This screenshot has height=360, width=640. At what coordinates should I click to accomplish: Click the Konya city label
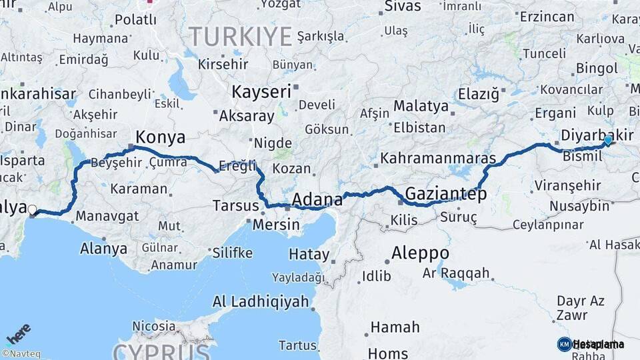[x=160, y=137]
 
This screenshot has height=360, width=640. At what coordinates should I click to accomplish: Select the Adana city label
[x=317, y=199]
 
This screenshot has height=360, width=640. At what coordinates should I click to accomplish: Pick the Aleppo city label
[x=419, y=253]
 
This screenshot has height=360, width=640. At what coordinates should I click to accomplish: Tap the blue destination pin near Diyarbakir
[x=607, y=141]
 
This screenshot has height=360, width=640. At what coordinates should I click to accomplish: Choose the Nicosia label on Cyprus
[x=154, y=327]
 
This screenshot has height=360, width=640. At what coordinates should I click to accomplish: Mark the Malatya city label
[x=421, y=106]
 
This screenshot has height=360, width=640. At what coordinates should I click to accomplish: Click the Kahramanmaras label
[x=438, y=159]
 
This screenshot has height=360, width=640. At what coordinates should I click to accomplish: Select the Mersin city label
[x=276, y=224]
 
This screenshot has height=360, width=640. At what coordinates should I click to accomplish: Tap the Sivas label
[x=403, y=7]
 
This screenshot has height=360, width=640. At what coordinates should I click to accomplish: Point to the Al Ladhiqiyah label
[x=261, y=301]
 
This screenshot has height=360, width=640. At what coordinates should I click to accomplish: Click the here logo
[x=18, y=333]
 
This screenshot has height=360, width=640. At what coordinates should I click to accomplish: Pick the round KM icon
[x=564, y=344]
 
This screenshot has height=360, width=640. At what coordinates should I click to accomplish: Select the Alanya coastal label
[x=103, y=249]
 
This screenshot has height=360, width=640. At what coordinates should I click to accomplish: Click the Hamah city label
[x=395, y=327]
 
